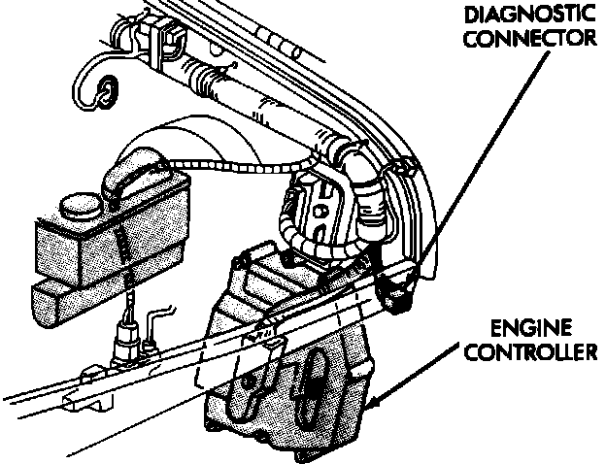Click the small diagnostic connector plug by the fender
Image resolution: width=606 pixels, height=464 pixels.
396,290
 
